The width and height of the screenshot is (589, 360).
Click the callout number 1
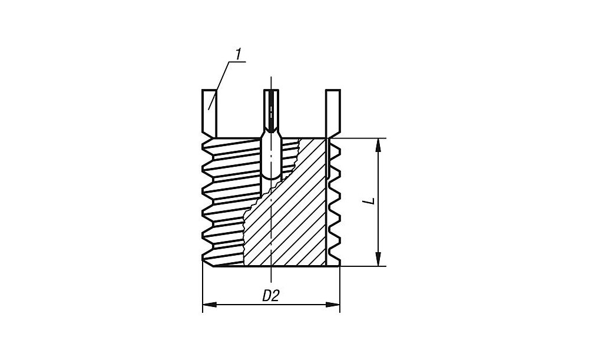pos(238,55)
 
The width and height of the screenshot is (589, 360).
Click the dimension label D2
pos(271,296)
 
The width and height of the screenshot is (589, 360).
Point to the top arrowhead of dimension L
pos(378,145)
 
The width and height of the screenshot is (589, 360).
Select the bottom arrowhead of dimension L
pos(378,259)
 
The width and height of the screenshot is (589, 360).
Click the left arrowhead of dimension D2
pos(210,305)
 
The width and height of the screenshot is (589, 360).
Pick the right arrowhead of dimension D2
pos(333,305)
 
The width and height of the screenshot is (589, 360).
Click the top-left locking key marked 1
pos(210,114)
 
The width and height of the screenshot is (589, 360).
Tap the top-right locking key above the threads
pos(333,114)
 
